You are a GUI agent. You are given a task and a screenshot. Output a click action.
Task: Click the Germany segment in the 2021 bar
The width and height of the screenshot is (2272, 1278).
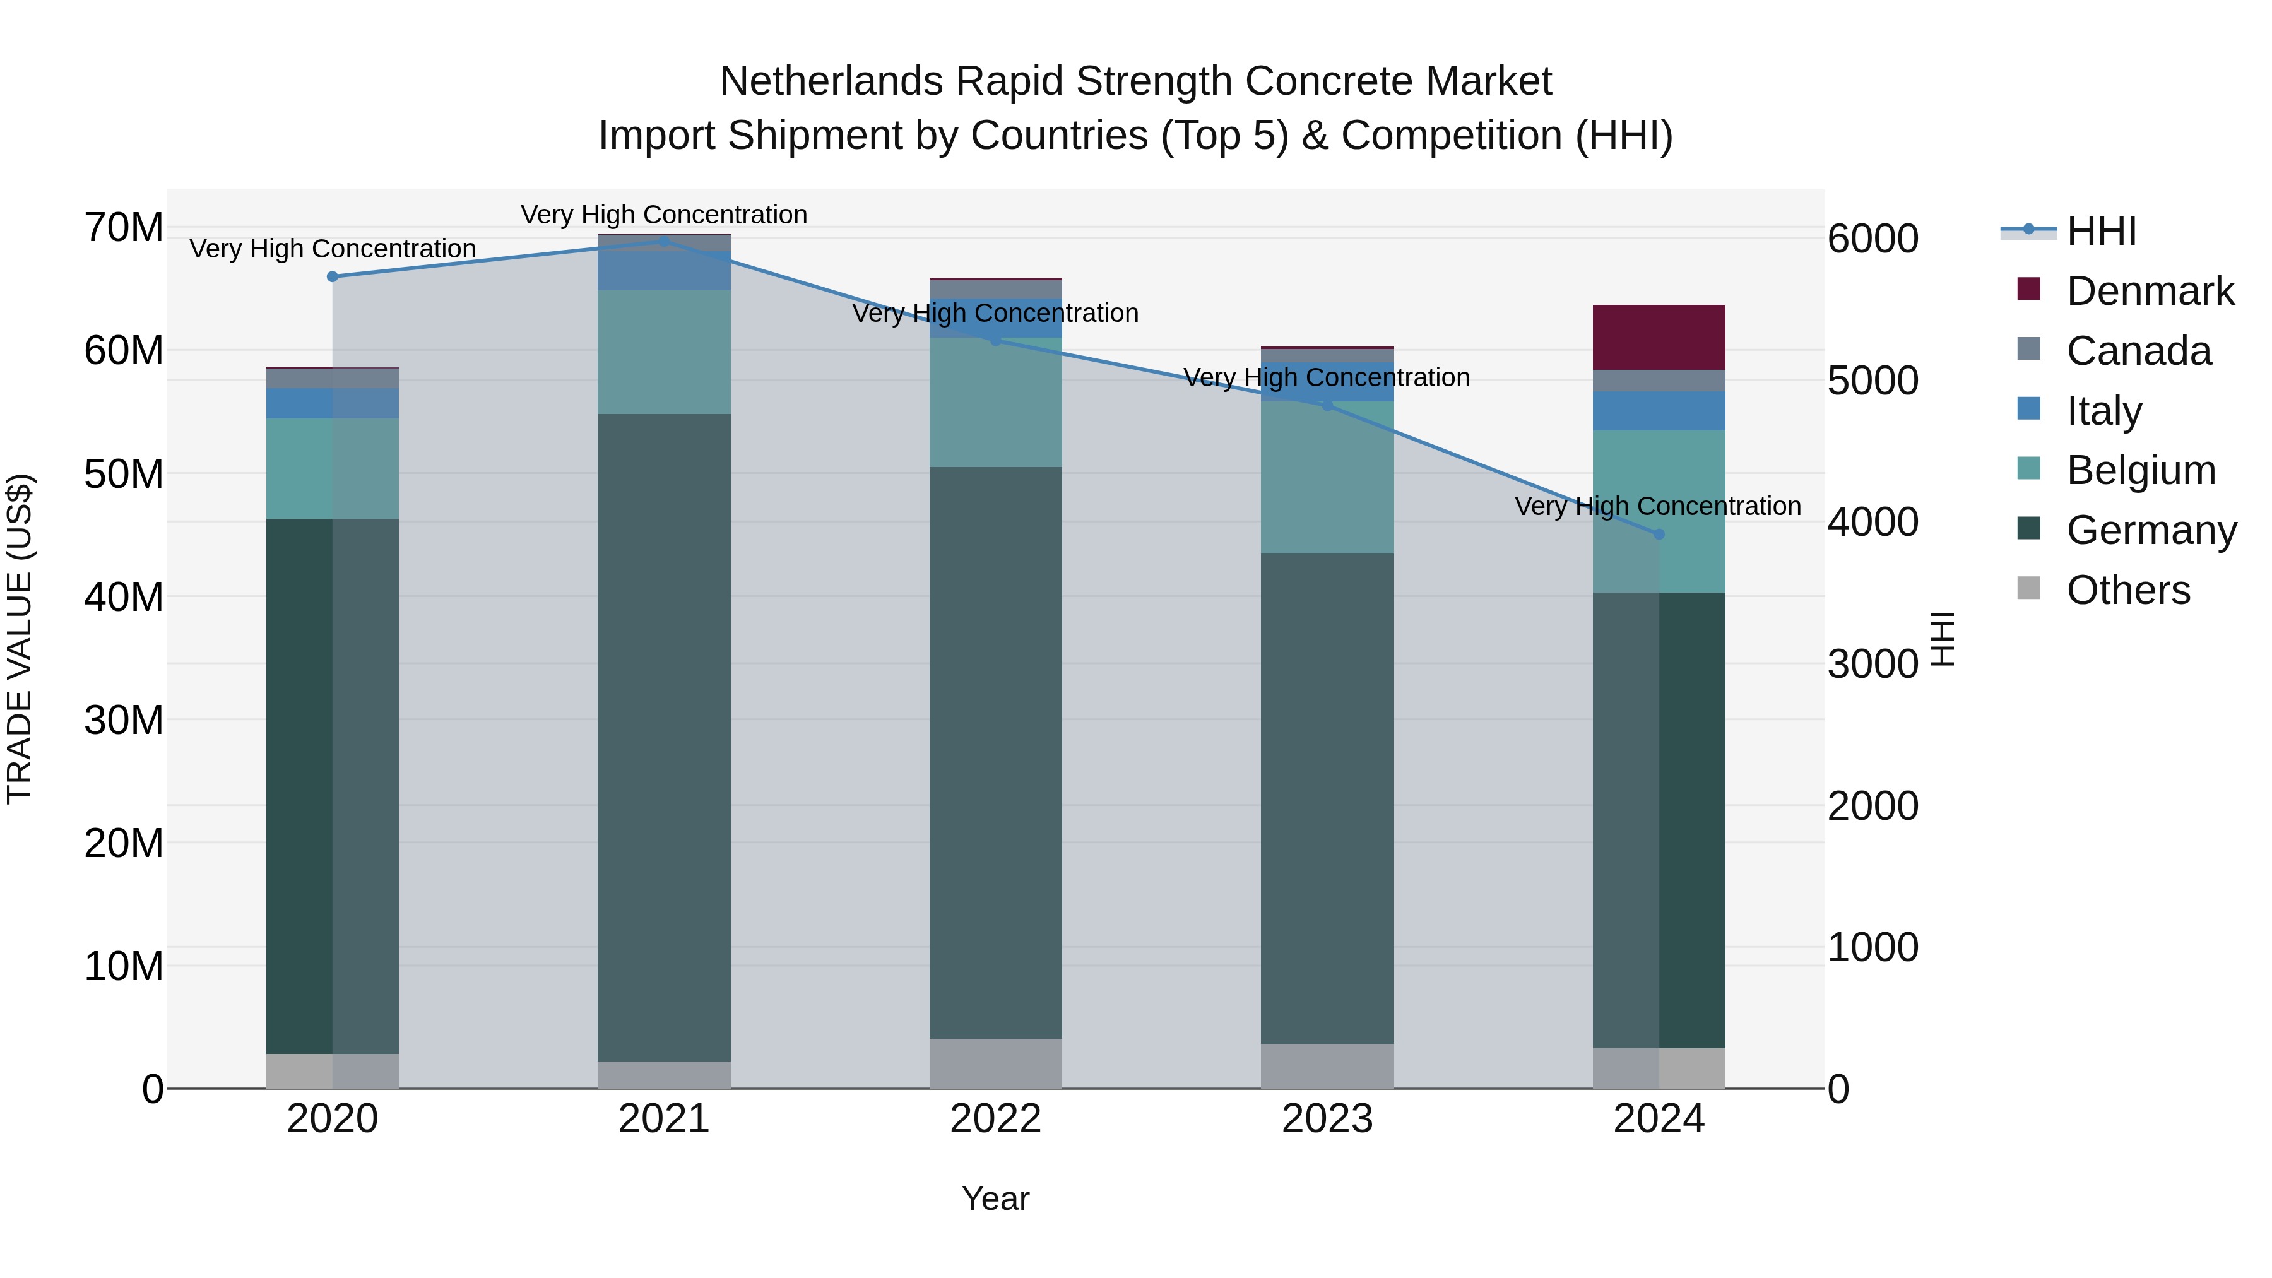664,737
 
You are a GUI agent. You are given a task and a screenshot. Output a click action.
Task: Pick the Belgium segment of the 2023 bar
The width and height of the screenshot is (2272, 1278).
1327,478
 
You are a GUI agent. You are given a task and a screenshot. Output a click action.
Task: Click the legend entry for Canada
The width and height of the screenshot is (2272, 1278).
2138,351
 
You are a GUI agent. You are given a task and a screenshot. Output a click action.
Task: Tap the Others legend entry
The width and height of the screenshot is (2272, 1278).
2127,590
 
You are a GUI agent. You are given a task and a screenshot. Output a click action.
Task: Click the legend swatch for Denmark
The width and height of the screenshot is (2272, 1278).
2028,289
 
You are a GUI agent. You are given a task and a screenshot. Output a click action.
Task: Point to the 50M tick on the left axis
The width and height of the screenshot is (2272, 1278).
124,475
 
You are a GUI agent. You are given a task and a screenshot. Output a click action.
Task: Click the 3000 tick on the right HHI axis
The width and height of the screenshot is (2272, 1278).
1873,664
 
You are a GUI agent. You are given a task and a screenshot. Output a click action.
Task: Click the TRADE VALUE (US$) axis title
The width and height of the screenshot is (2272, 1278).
20,639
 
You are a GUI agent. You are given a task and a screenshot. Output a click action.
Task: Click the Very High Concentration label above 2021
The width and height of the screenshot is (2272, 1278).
664,215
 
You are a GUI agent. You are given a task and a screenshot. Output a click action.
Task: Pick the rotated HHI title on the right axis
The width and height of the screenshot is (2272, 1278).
1943,639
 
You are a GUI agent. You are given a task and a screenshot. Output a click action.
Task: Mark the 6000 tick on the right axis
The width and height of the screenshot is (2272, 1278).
1873,239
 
